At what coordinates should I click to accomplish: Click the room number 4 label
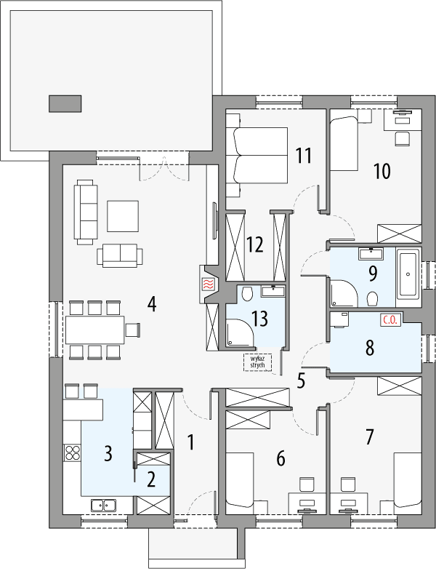click(151, 303)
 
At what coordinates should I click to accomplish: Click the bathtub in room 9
click(408, 276)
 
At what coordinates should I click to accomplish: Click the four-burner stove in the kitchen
click(73, 453)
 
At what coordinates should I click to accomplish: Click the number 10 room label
click(381, 171)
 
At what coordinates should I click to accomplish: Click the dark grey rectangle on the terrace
click(65, 103)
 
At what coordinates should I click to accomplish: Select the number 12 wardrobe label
click(253, 244)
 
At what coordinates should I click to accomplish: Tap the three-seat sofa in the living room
click(86, 212)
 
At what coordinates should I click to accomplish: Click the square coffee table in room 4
click(122, 215)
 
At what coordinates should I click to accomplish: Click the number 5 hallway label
click(301, 379)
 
